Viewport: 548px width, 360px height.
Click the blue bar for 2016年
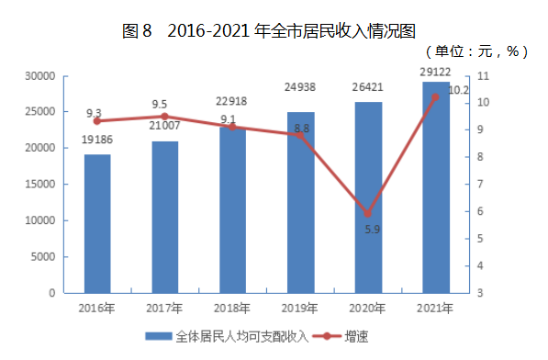tap(97, 224)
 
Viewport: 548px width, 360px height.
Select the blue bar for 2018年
tap(233, 210)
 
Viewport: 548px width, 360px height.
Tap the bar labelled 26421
tap(368, 197)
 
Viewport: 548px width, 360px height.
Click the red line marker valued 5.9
tap(368, 213)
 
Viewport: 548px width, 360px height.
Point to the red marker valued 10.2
tap(435, 97)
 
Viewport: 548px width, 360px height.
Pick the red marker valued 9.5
tap(164, 117)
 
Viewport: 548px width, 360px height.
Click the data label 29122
tap(435, 72)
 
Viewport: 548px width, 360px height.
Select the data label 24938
tap(300, 86)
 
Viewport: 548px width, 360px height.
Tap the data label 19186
tap(97, 140)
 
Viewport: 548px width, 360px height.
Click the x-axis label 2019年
tap(299, 309)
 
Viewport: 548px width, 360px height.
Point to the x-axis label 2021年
tap(435, 309)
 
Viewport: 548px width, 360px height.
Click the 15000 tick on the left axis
tap(40, 185)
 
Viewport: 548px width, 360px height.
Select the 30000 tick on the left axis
tap(40, 76)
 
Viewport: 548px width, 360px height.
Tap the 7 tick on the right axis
tap(480, 184)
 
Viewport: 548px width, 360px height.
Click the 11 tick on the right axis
tap(483, 76)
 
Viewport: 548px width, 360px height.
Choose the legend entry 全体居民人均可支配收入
tap(227, 337)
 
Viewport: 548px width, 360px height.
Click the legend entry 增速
tap(341, 337)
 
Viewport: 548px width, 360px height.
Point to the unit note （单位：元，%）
tap(476, 51)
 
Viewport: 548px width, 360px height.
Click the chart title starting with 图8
tap(269, 30)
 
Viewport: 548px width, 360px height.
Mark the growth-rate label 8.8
tap(302, 129)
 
